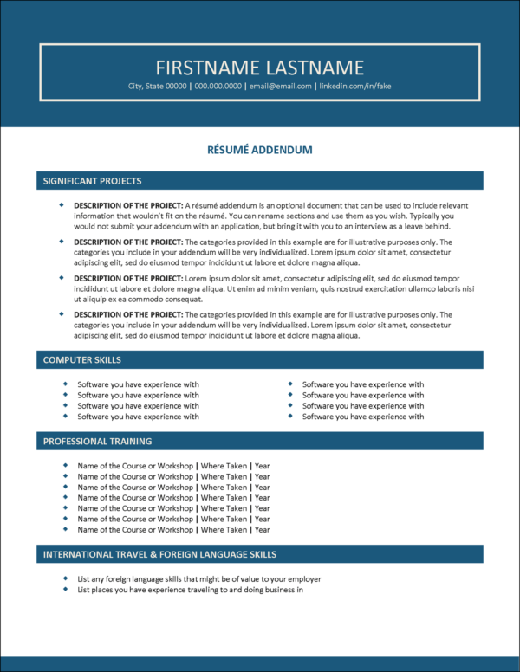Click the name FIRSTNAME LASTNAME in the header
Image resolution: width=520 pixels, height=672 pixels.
click(x=260, y=68)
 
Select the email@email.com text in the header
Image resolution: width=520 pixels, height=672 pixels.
click(x=282, y=87)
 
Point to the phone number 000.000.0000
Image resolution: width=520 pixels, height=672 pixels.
click(x=218, y=87)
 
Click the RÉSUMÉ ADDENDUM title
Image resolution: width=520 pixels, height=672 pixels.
click(x=260, y=150)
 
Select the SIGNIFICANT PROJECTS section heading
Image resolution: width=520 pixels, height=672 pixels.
click(x=93, y=181)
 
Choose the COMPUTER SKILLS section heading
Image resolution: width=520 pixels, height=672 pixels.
click(x=82, y=359)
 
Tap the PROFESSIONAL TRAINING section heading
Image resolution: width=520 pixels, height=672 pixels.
click(x=97, y=441)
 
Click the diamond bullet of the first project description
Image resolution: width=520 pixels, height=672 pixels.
click(x=62, y=204)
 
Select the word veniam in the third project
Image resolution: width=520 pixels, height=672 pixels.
click(x=325, y=288)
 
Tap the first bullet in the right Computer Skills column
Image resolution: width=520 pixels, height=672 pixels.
click(x=290, y=384)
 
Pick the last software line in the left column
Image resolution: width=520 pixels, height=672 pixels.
click(x=138, y=417)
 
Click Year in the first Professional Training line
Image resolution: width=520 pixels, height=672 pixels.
click(x=263, y=466)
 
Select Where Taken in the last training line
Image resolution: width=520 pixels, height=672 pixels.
click(x=224, y=529)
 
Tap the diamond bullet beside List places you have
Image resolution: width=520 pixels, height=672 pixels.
click(x=66, y=590)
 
